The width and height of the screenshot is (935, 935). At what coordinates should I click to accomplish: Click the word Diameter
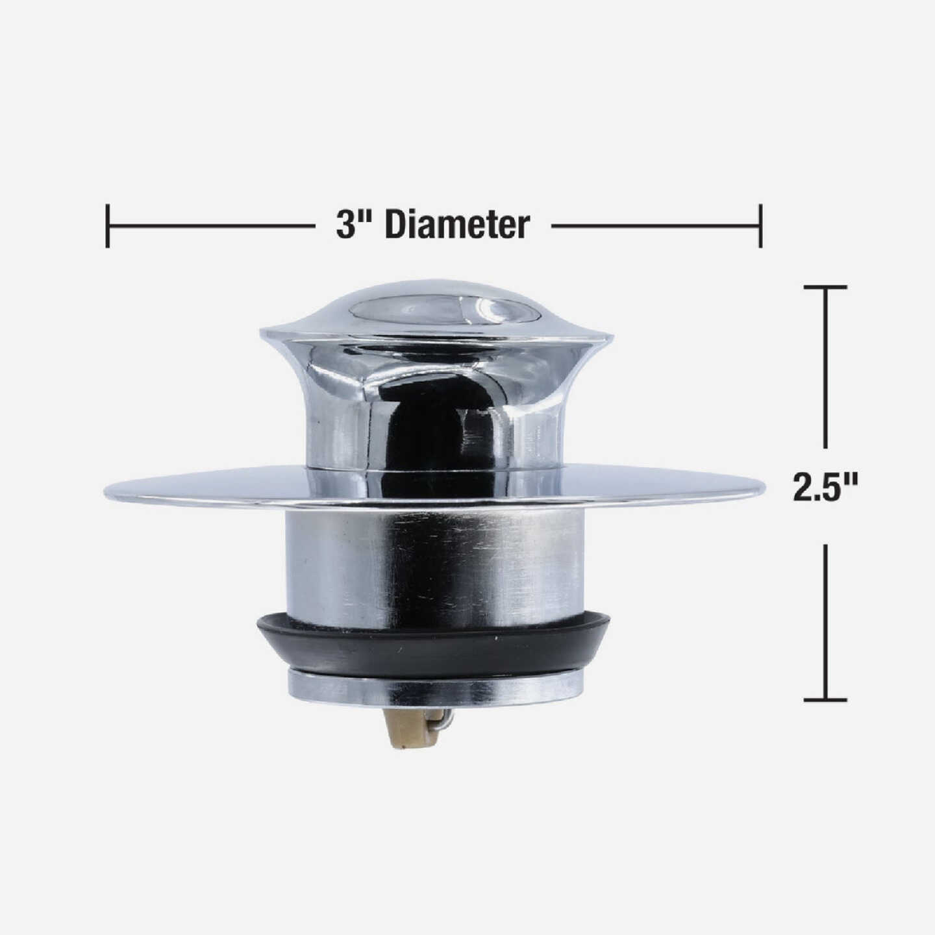pyautogui.click(x=457, y=226)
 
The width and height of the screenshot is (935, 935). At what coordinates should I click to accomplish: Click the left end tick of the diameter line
pyautogui.click(x=107, y=226)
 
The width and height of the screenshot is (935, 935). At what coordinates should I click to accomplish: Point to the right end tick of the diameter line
pyautogui.click(x=760, y=226)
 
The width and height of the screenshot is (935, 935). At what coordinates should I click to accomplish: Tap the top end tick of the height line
pyautogui.click(x=825, y=286)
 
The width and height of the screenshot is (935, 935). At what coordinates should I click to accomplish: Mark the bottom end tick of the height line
pyautogui.click(x=825, y=700)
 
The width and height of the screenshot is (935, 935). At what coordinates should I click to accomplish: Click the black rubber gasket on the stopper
pyautogui.click(x=434, y=646)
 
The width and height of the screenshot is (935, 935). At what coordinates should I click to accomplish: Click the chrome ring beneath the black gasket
pyautogui.click(x=434, y=688)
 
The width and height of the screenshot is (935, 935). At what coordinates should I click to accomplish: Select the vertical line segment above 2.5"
pyautogui.click(x=825, y=367)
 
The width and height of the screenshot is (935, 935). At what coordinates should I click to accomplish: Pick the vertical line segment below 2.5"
pyautogui.click(x=825, y=620)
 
